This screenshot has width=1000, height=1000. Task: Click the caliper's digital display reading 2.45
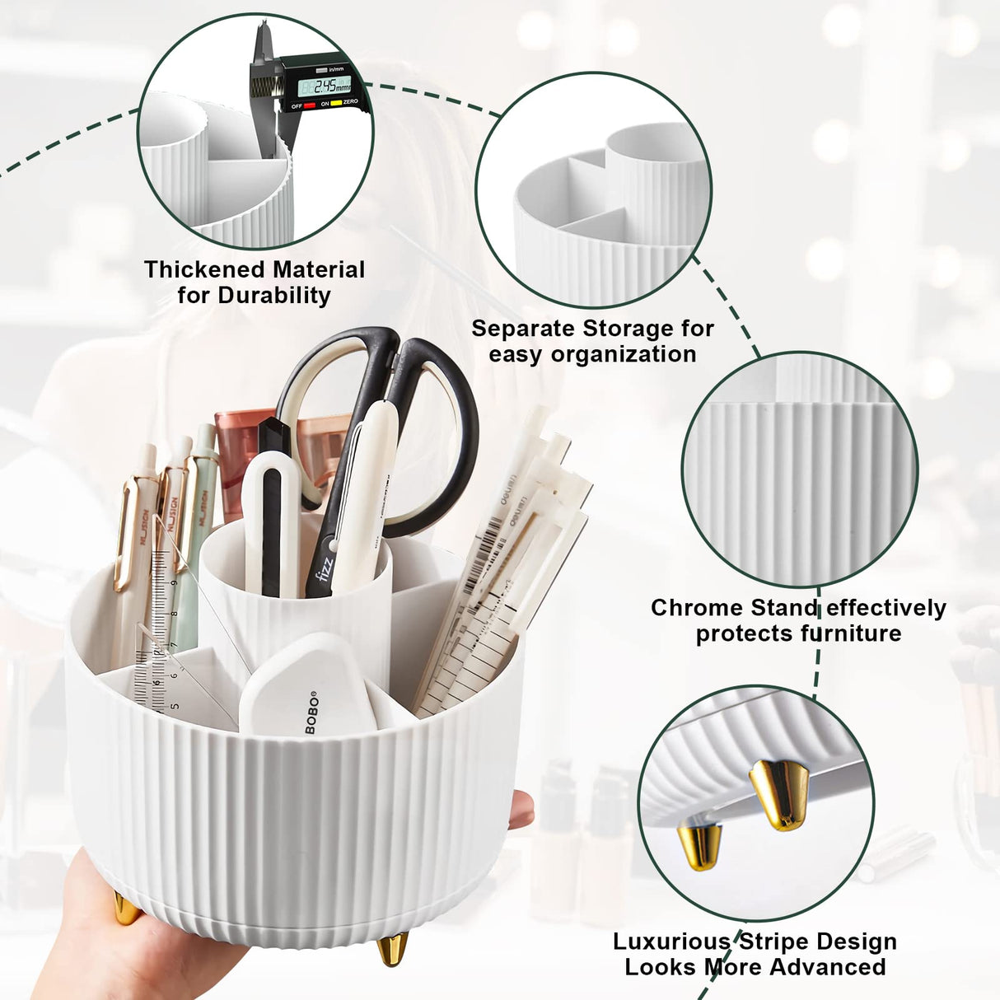(x=325, y=85)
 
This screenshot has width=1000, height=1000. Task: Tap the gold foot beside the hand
(x=125, y=909)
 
